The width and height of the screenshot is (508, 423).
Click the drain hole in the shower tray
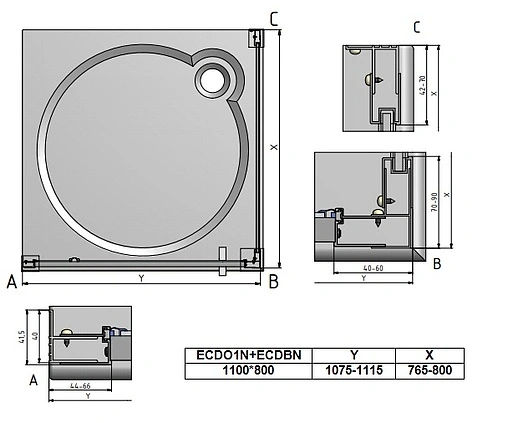click(213, 78)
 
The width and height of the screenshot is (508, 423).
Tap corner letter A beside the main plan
click(11, 283)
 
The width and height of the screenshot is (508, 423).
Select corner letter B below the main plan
click(273, 283)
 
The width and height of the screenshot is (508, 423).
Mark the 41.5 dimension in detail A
click(21, 337)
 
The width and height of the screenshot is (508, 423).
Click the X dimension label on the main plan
click(272, 147)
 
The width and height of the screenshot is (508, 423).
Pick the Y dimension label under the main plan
click(141, 277)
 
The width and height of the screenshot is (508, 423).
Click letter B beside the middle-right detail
click(436, 264)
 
